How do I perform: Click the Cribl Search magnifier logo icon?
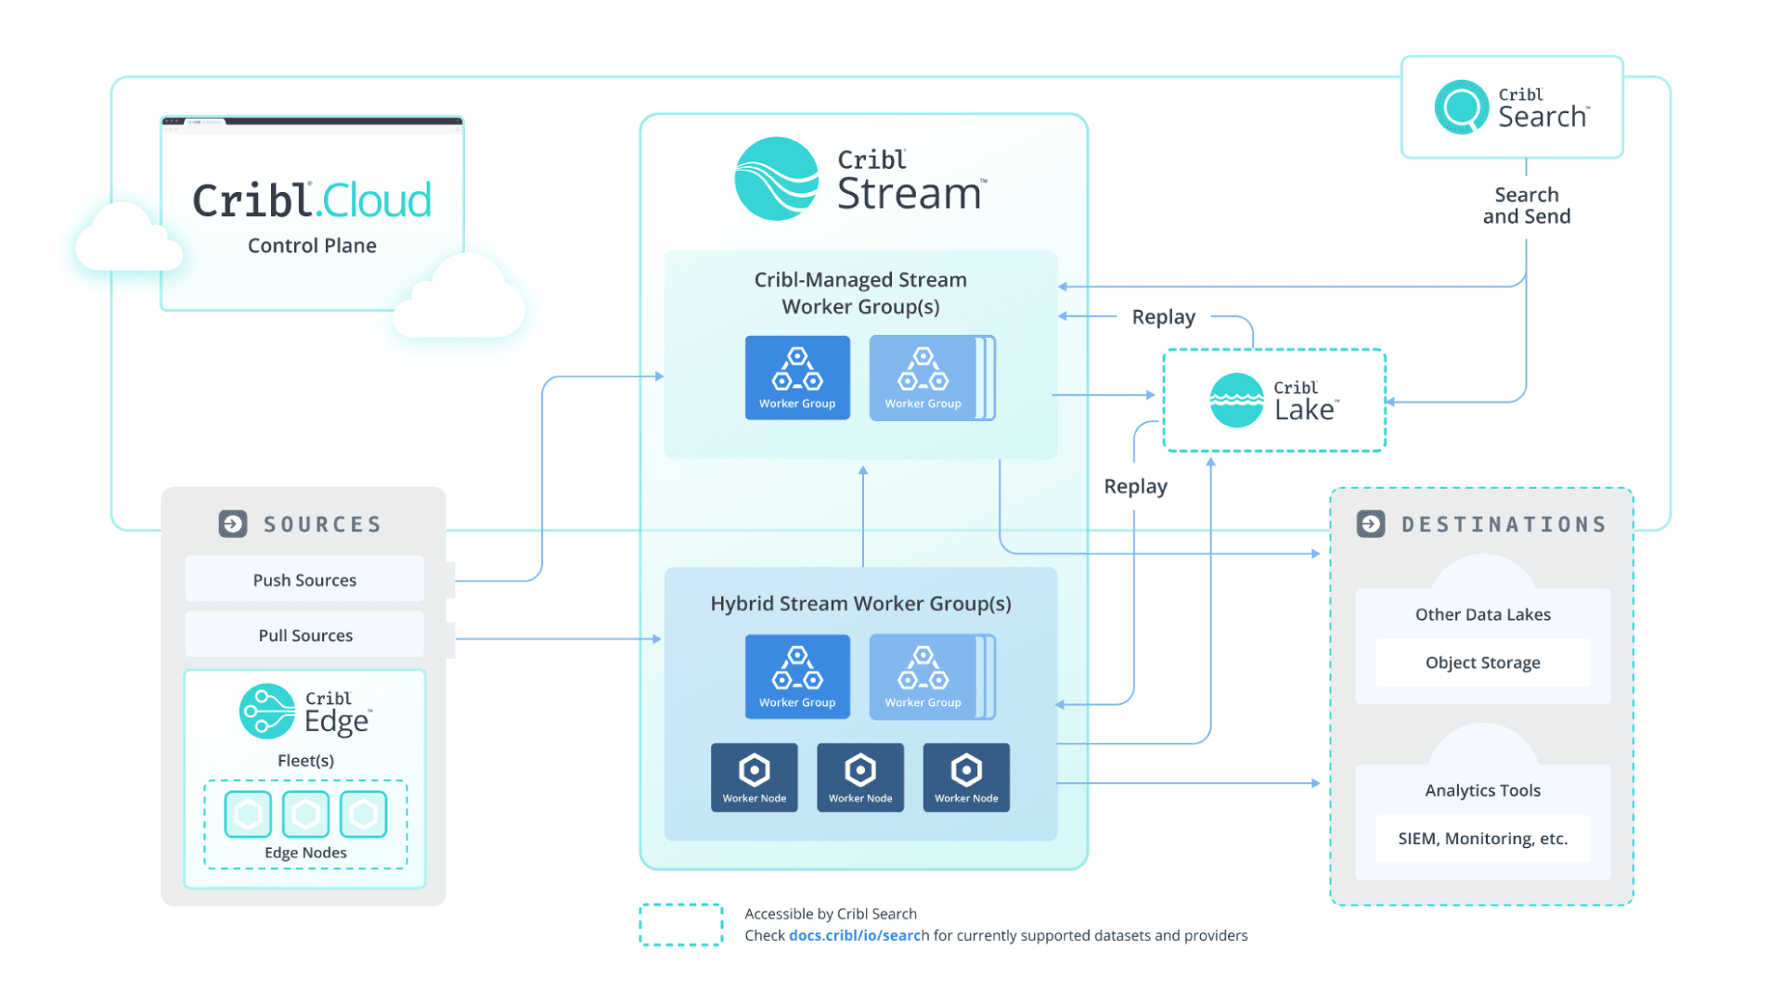pyautogui.click(x=1461, y=107)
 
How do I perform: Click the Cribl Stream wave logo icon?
pyautogui.click(x=776, y=179)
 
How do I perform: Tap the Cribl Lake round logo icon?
pyautogui.click(x=1236, y=401)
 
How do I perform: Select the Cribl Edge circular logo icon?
pyautogui.click(x=267, y=712)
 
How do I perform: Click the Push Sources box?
pyautogui.click(x=304, y=580)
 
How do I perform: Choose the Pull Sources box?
pyautogui.click(x=304, y=636)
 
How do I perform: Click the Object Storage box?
pyautogui.click(x=1482, y=662)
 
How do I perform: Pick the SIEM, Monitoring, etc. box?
pyautogui.click(x=1482, y=839)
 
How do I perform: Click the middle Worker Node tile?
pyautogui.click(x=859, y=777)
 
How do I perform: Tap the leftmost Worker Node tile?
pyautogui.click(x=754, y=777)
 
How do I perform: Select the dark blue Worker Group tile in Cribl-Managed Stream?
pyautogui.click(x=797, y=378)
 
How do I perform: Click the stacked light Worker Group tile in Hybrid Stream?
pyautogui.click(x=924, y=677)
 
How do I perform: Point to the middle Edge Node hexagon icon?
pyautogui.click(x=305, y=815)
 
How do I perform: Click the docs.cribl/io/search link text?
pyautogui.click(x=859, y=935)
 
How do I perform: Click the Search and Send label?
pyautogui.click(x=1526, y=206)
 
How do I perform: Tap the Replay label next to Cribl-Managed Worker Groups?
pyautogui.click(x=1163, y=317)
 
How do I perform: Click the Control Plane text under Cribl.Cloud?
pyautogui.click(x=312, y=246)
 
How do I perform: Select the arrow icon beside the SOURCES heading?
pyautogui.click(x=233, y=524)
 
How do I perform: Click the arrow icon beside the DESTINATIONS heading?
pyautogui.click(x=1371, y=524)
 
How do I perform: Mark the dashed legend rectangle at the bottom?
pyautogui.click(x=680, y=925)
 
